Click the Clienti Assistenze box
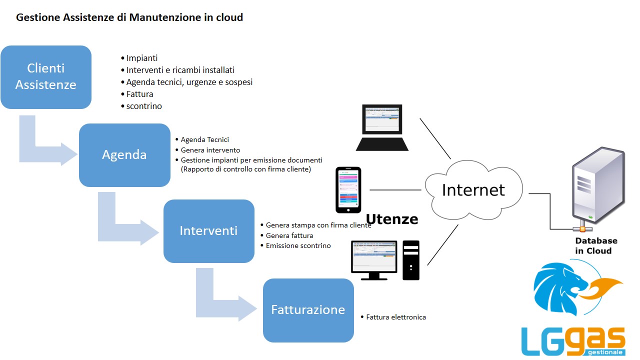tap(46, 77)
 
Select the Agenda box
tap(124, 155)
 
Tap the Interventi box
tap(209, 231)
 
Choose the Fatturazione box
tap(308, 310)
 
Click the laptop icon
tap(382, 127)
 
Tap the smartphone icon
tap(348, 190)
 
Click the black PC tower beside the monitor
tap(411, 260)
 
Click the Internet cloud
tap(473, 190)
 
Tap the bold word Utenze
tap(392, 219)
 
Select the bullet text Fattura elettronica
tap(395, 317)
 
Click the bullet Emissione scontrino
tap(298, 245)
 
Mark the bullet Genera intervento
tap(210, 150)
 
